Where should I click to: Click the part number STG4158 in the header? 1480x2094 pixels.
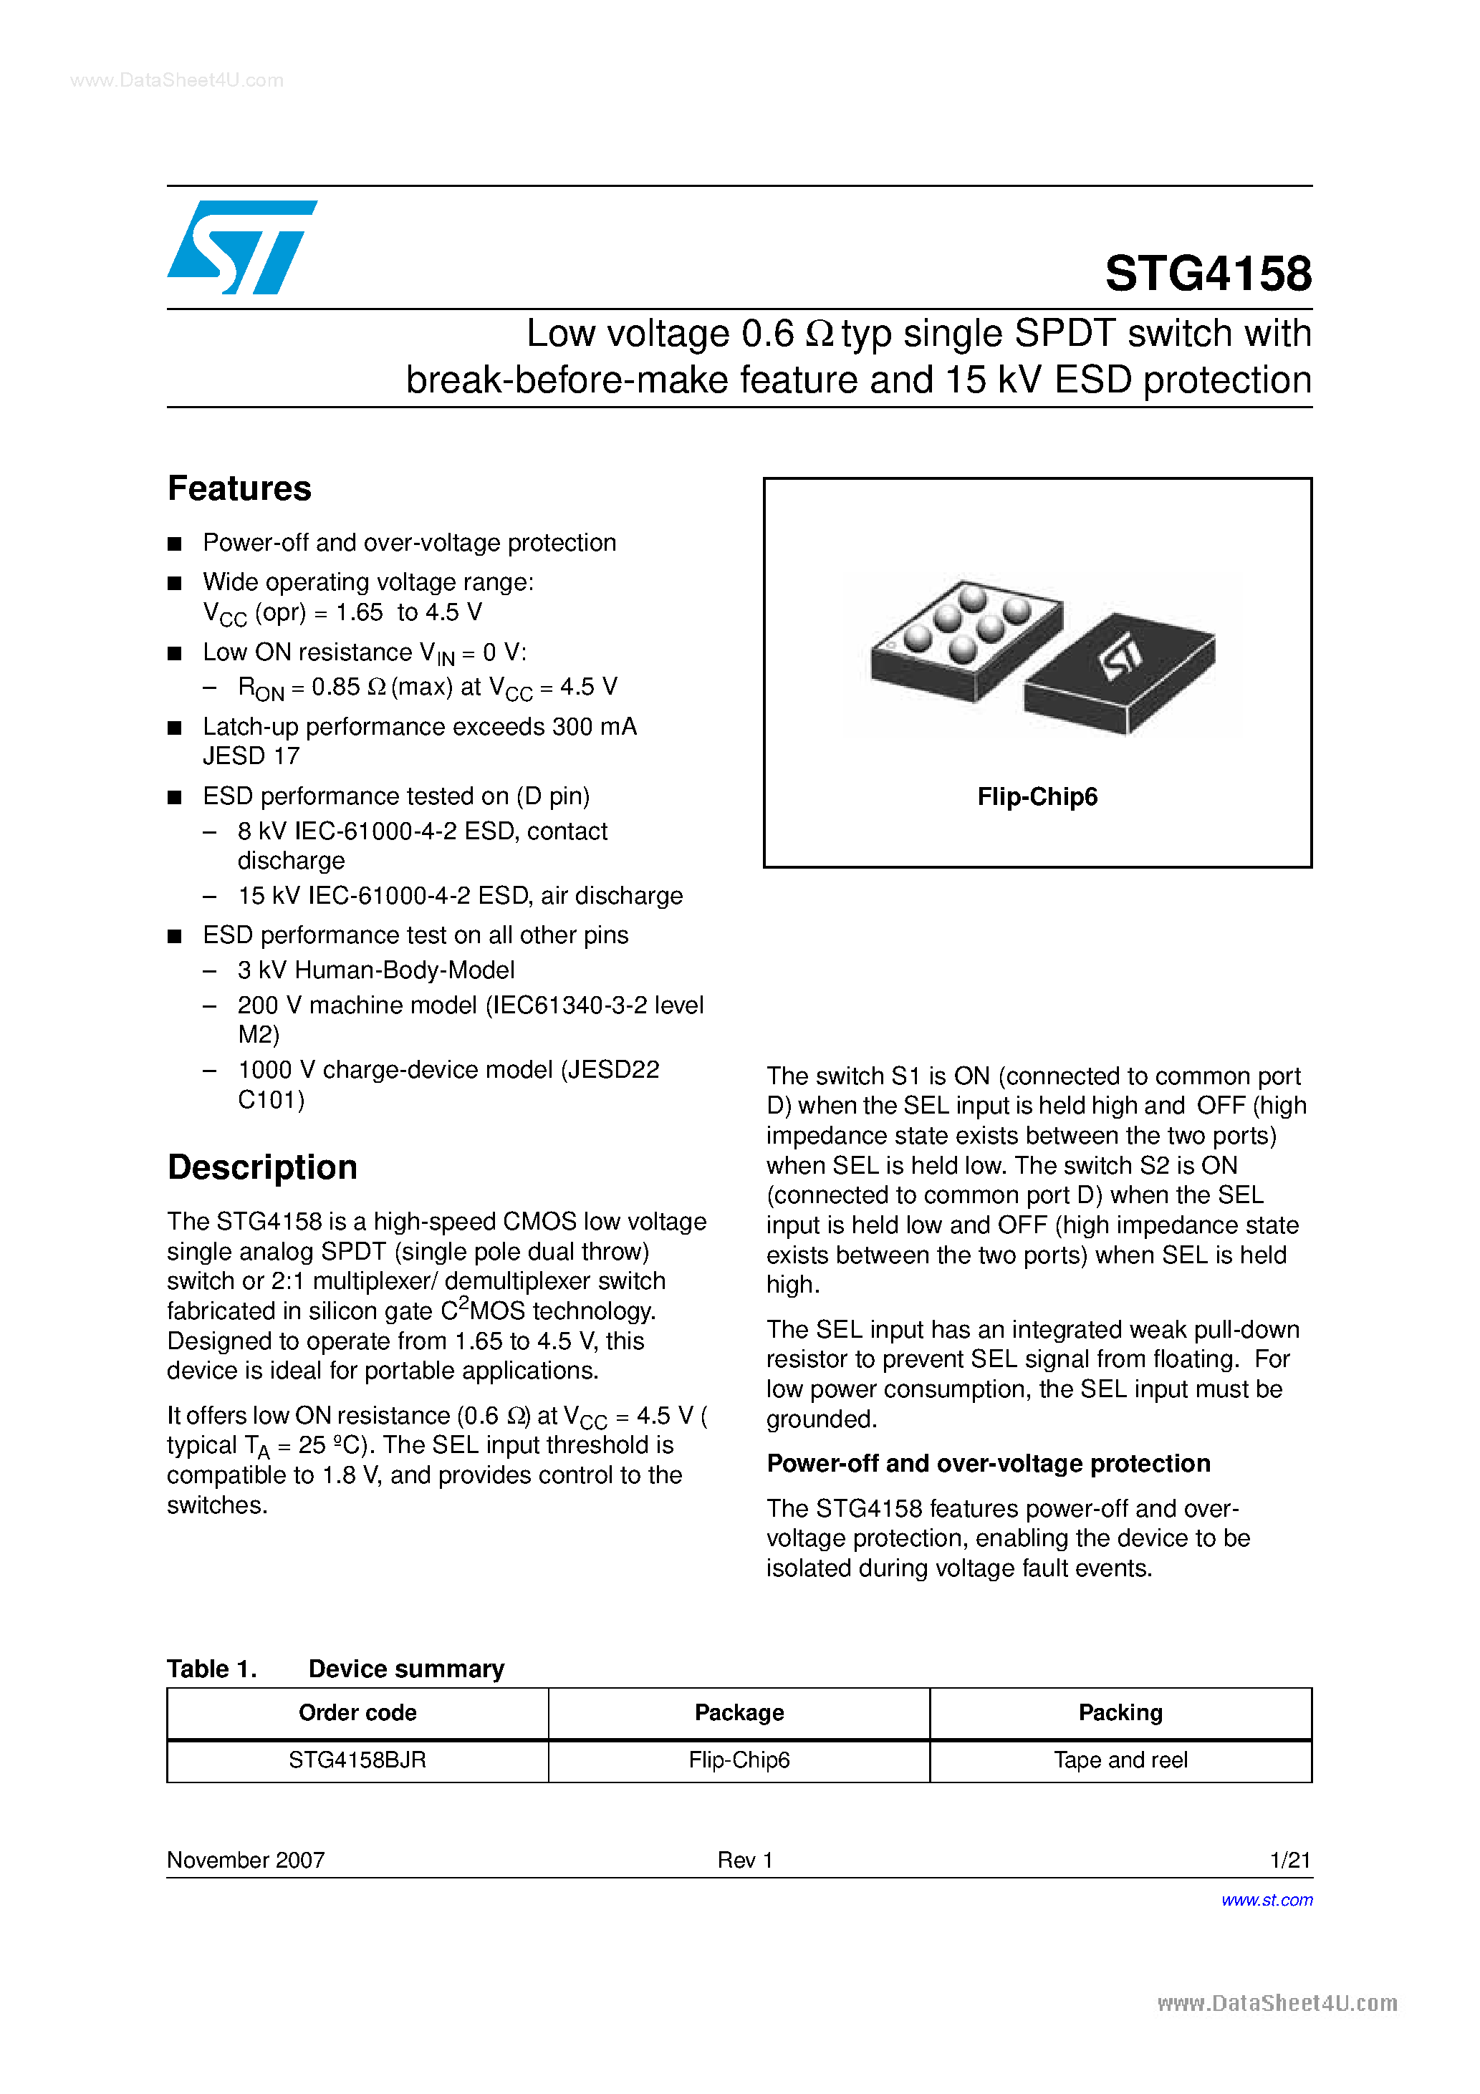click(x=1207, y=274)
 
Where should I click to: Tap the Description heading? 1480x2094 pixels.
click(x=262, y=1167)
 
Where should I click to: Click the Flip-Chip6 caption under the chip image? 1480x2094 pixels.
click(x=1037, y=797)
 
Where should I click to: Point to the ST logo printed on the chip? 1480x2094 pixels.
click(x=1120, y=657)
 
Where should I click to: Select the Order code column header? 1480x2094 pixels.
click(x=357, y=1713)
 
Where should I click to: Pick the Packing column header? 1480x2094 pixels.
click(x=1120, y=1713)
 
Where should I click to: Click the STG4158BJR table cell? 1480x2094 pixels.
click(x=357, y=1760)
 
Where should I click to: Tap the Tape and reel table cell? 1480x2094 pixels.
click(x=1120, y=1760)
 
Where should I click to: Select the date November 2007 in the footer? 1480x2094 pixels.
click(x=246, y=1860)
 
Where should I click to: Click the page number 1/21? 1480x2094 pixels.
click(x=1289, y=1860)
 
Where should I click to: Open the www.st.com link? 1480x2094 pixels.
click(x=1267, y=1900)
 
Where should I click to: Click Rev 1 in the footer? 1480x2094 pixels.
click(x=744, y=1860)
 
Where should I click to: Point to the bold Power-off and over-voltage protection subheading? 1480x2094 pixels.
click(x=988, y=1464)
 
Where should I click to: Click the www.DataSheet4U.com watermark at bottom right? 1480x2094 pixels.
click(x=1277, y=2004)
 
